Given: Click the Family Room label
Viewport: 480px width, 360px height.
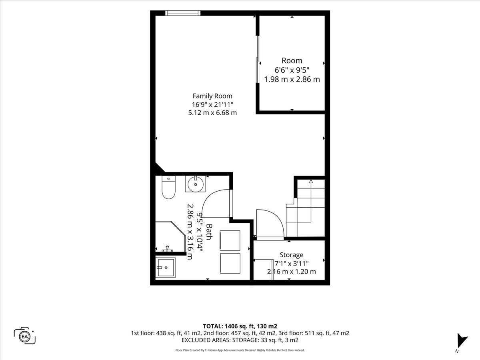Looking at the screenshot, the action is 212,96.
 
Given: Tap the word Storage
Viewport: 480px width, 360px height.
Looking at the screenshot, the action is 292,255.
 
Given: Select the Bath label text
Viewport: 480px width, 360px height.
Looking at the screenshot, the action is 209,232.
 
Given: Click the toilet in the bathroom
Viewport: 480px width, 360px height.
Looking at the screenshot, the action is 169,187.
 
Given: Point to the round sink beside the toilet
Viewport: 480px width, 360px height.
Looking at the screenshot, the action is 196,184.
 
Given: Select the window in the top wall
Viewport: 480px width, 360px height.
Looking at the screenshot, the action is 182,13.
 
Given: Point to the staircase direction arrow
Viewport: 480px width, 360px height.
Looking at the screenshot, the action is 311,201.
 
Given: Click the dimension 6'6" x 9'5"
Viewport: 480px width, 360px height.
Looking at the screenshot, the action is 292,70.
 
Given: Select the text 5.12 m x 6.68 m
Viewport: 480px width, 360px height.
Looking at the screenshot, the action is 212,113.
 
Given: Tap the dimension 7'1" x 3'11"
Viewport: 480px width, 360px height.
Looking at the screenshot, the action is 292,264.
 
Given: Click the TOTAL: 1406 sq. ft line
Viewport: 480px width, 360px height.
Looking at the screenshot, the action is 240,326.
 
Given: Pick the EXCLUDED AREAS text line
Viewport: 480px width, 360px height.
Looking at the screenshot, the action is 240,340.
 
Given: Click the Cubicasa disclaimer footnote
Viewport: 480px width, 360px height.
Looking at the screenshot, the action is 240,350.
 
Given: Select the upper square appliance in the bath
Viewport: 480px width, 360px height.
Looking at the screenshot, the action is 230,240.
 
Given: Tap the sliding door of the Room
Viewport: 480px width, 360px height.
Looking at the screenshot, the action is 258,59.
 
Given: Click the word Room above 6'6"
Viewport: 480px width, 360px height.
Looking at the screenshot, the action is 292,60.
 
